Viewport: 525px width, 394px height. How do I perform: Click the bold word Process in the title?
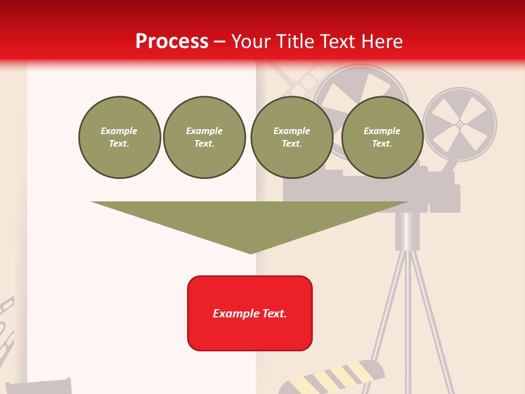172,42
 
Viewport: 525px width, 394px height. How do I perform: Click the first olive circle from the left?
119,137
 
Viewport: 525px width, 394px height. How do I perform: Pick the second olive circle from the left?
204,137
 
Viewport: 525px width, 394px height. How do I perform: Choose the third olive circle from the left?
291,137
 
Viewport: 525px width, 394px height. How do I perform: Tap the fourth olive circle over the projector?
382,137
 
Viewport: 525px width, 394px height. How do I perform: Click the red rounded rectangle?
250,313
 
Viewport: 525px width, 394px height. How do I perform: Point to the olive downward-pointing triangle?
250,222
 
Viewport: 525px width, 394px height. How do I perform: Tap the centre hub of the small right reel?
460,124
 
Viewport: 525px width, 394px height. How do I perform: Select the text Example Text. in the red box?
250,314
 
